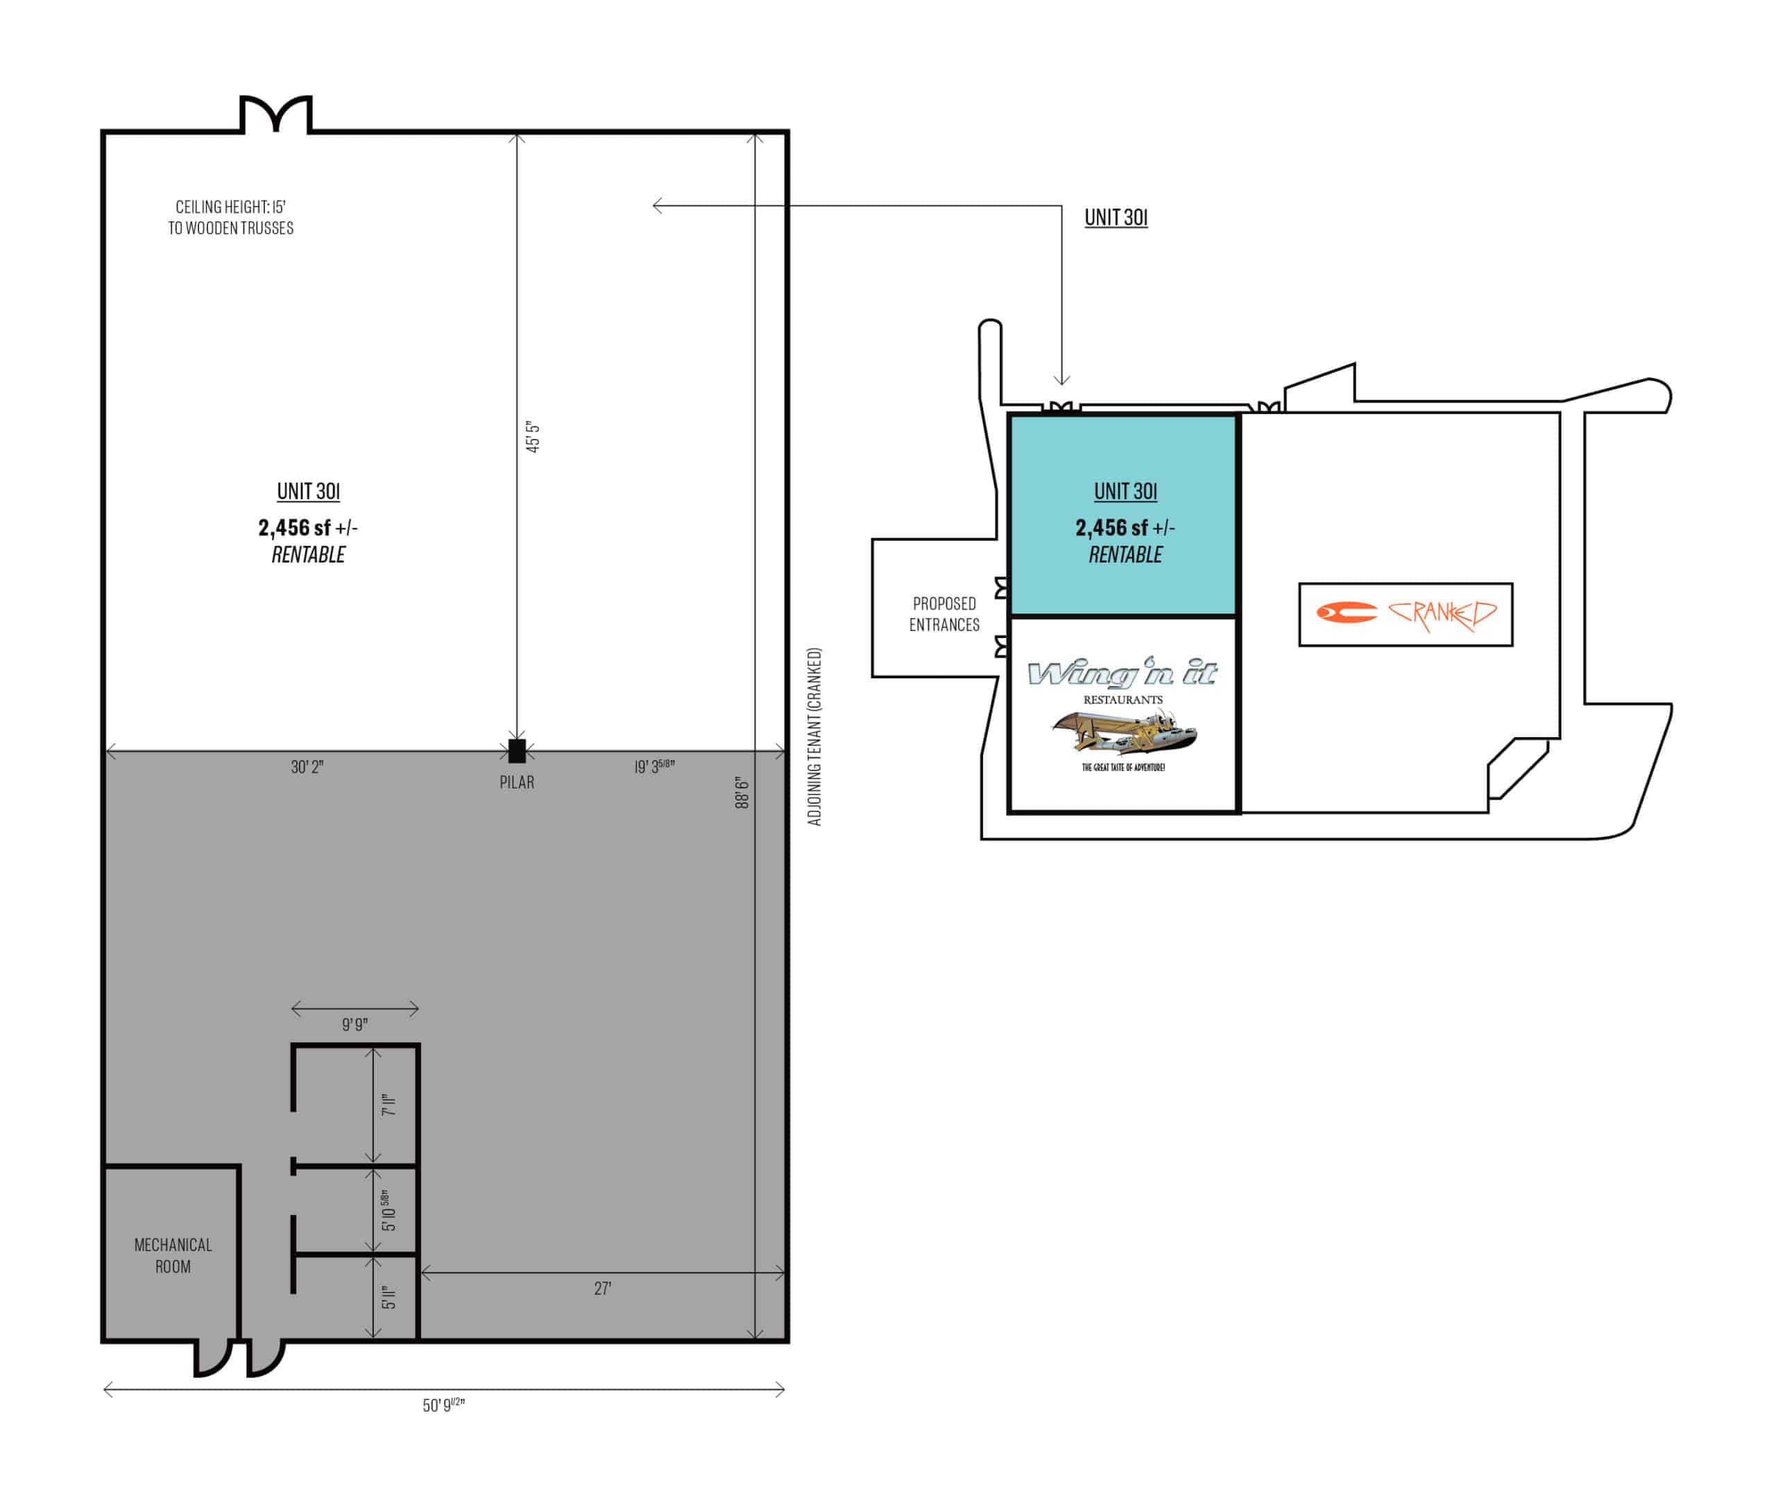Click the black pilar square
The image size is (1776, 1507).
coord(517,751)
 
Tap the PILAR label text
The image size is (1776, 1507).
coord(517,782)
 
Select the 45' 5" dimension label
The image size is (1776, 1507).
coord(533,436)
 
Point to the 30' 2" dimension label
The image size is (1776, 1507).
coord(307,767)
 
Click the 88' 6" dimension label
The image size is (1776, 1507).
coord(742,792)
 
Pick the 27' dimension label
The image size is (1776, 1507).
coord(603,1289)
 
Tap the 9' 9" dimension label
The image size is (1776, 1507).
coord(355,1024)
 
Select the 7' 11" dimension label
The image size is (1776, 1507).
coord(389,1105)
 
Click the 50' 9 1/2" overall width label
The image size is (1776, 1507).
coord(443,1405)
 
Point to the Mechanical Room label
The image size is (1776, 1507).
coord(173,1256)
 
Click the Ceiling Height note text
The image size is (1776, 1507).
coord(231,217)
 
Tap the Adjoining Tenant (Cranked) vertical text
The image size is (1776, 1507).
coord(814,737)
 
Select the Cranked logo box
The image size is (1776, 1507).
coord(1405,614)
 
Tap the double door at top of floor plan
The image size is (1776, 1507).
coord(276,114)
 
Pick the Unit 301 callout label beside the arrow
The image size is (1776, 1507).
coord(1116,217)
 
